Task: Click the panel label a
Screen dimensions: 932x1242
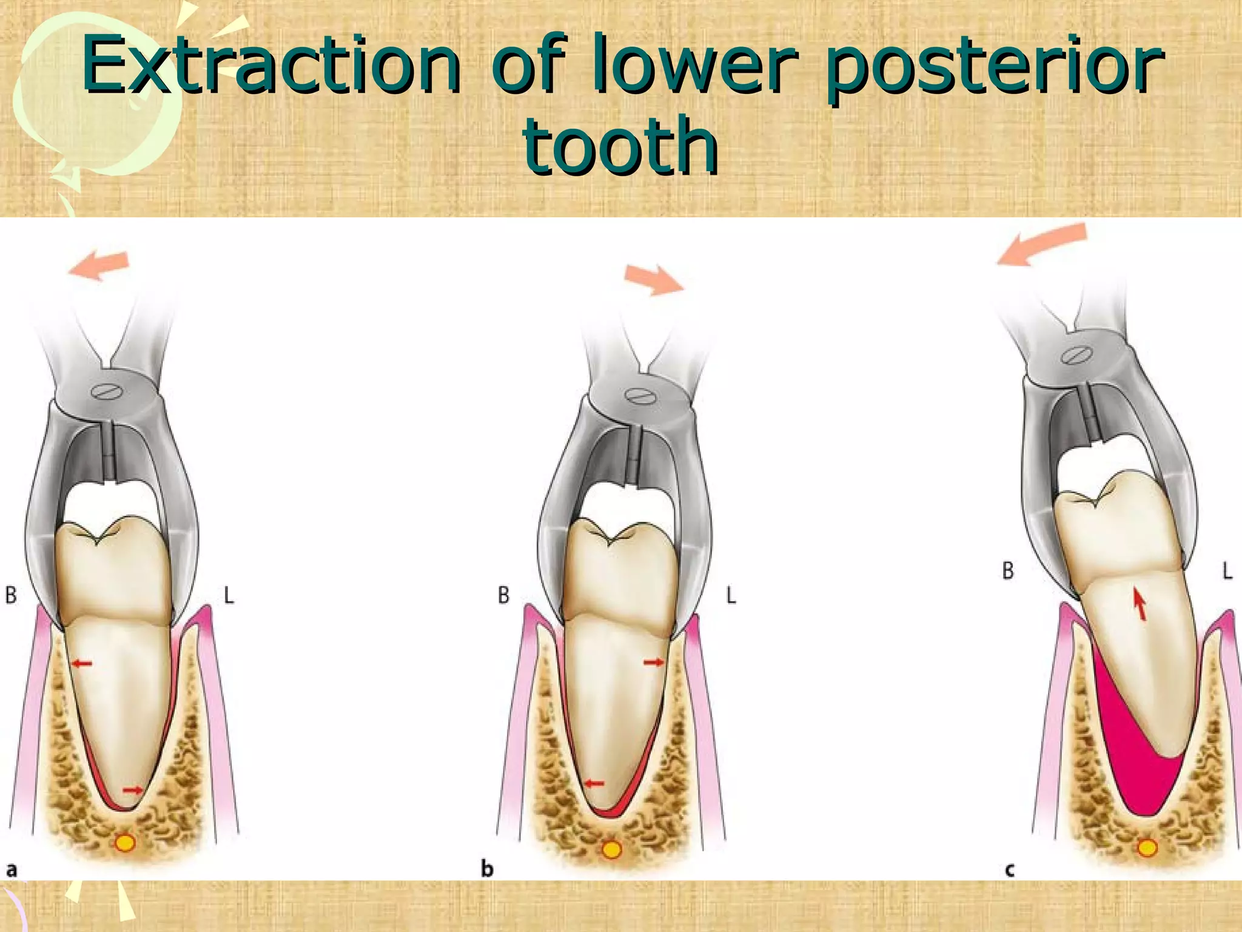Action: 12,870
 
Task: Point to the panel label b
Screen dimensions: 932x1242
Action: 487,869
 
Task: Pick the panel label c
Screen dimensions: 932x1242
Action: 1009,871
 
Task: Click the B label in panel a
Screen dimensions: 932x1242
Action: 11,595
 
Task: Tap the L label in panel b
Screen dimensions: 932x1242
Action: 731,596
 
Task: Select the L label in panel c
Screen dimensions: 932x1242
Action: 1227,570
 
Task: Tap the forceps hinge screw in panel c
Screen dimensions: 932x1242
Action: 1076,355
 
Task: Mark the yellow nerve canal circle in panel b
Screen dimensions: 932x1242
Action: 611,849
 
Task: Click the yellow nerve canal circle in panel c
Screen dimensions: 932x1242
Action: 1147,847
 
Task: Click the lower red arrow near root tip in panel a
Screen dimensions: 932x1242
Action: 133,790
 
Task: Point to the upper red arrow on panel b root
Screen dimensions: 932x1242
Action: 654,663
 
